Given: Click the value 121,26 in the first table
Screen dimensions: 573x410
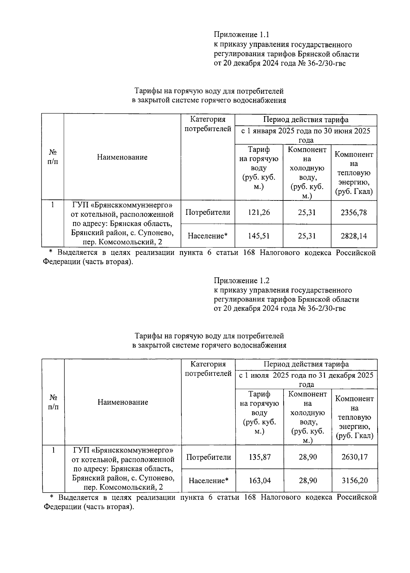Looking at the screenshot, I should [259, 212].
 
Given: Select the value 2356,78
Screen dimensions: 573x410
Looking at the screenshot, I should [354, 212].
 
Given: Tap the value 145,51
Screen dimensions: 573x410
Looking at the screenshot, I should [259, 236].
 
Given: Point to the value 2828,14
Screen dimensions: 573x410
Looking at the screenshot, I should [354, 236].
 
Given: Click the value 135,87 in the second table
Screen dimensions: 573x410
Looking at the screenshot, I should [260, 457].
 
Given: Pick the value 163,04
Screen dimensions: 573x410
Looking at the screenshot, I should [260, 481].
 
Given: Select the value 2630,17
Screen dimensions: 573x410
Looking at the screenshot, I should [354, 457].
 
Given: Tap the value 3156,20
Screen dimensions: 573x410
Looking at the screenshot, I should [354, 481].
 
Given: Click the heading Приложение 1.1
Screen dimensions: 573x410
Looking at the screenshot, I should [242, 35].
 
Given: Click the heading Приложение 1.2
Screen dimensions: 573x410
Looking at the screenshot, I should [242, 281].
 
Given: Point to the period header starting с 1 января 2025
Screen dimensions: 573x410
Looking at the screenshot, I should [306, 135].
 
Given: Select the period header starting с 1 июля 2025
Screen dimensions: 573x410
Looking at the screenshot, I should [306, 380].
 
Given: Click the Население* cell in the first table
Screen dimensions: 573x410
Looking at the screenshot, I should [208, 236].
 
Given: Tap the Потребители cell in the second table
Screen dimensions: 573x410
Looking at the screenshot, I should [208, 457].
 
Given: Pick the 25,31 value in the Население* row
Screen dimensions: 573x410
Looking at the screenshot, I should [307, 236].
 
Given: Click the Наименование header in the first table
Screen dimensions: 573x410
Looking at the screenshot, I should [122, 157].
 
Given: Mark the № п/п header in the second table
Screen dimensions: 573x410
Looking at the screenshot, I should [53, 402].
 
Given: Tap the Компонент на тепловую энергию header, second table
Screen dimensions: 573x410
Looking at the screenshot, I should [354, 417].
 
